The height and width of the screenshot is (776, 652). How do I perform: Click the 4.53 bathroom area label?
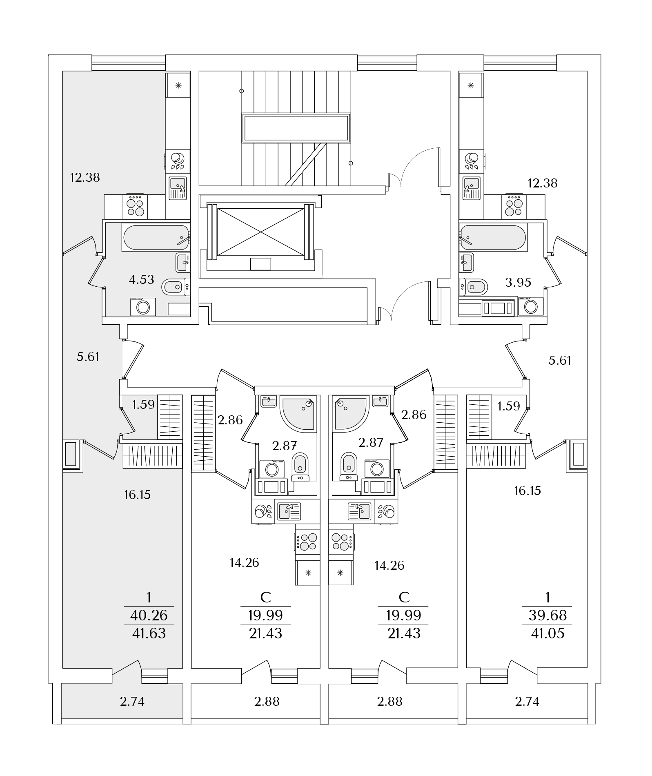pyautogui.click(x=141, y=280)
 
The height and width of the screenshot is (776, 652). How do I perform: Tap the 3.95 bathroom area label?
pyautogui.click(x=518, y=282)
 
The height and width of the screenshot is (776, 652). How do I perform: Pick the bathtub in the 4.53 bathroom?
pyautogui.click(x=156, y=238)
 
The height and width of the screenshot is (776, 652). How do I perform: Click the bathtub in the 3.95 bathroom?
pyautogui.click(x=493, y=236)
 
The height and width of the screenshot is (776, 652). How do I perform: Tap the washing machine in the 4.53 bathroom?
pyautogui.click(x=143, y=307)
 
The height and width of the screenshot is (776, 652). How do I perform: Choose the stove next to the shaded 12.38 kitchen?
pyautogui.click(x=136, y=207)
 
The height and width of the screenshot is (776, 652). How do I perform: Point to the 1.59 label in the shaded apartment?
pyautogui.click(x=143, y=405)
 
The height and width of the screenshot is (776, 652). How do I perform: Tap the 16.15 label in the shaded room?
pyautogui.click(x=137, y=495)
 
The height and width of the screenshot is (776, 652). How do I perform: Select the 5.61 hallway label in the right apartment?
pyautogui.click(x=559, y=361)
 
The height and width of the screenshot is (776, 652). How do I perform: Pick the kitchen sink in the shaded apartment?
pyautogui.click(x=178, y=188)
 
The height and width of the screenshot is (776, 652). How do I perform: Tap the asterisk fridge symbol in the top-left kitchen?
pyautogui.click(x=178, y=85)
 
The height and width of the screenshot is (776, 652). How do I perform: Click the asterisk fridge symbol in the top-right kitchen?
pyautogui.click(x=471, y=85)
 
